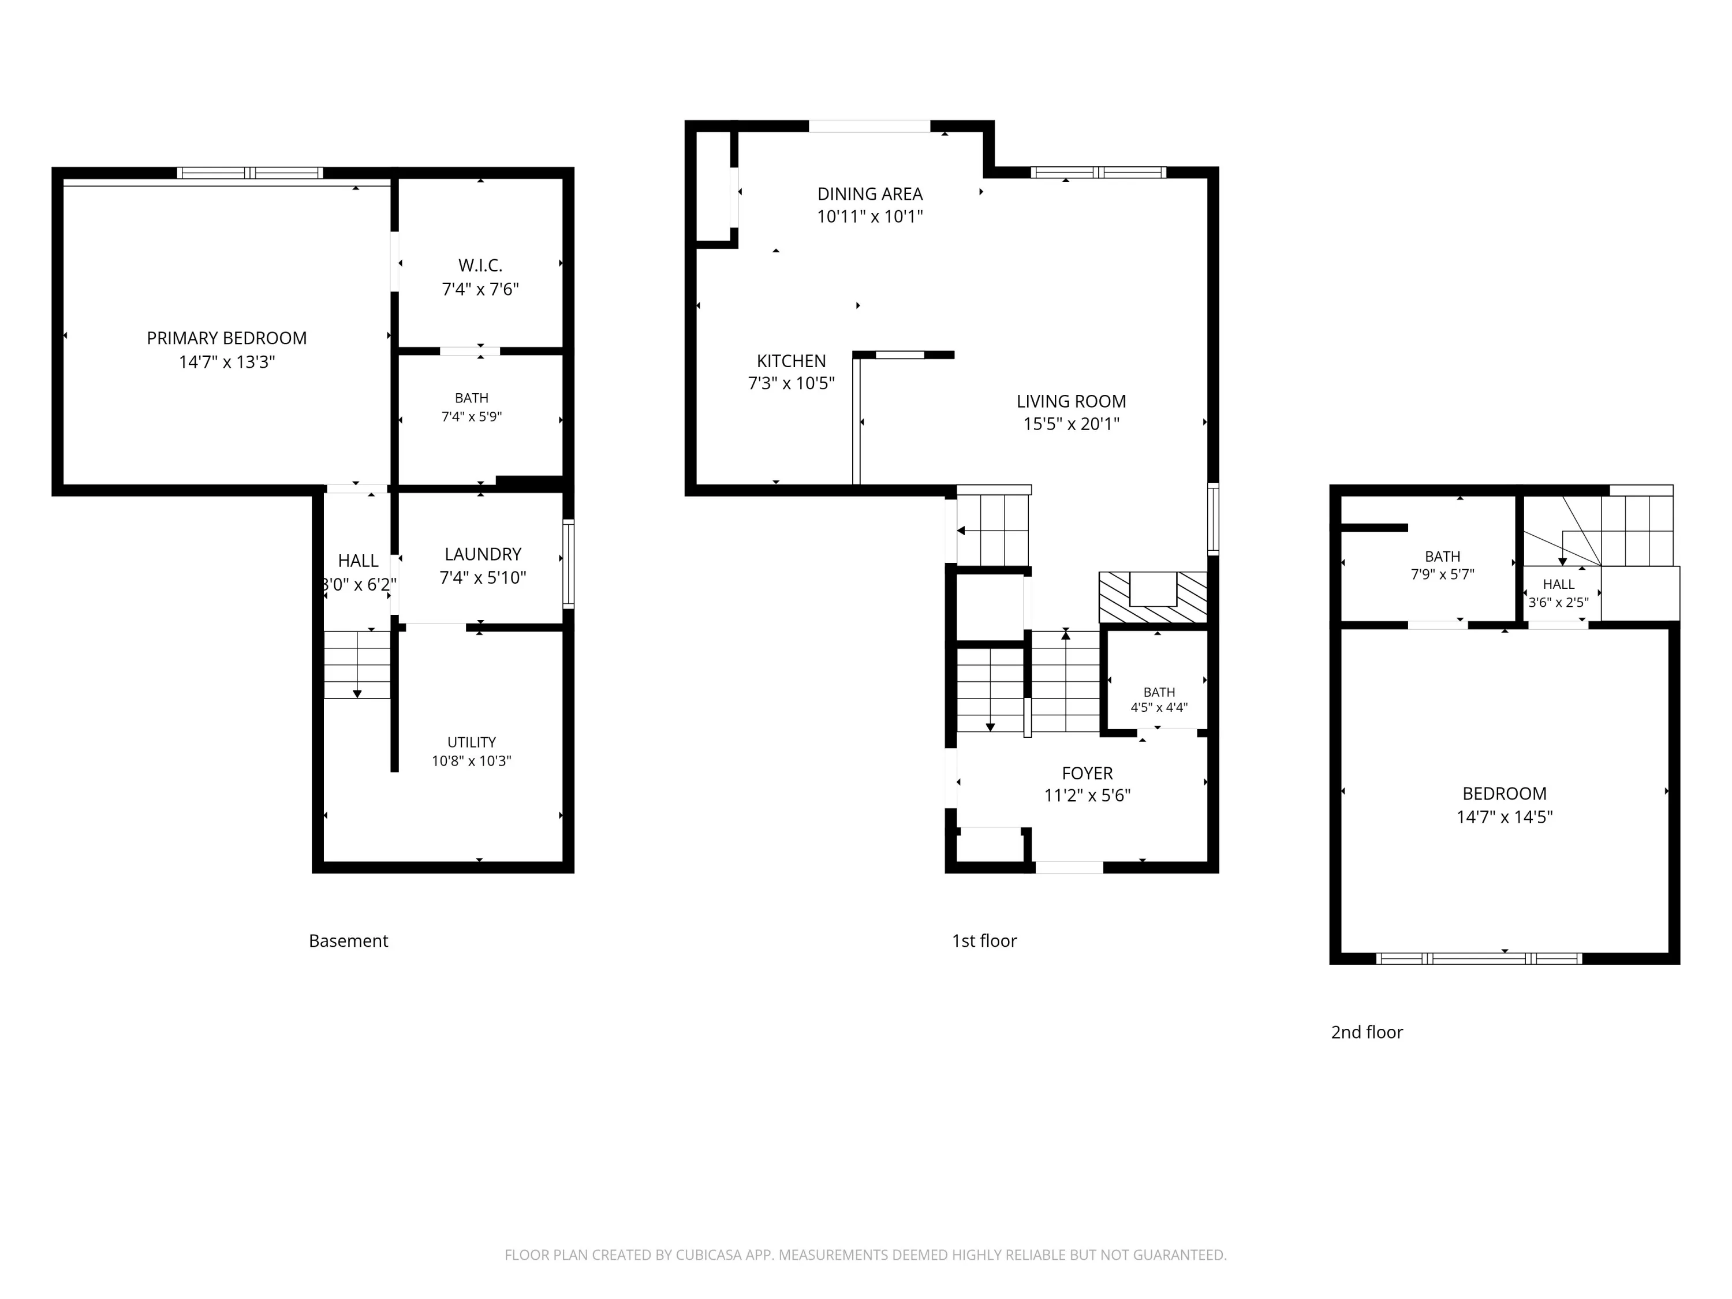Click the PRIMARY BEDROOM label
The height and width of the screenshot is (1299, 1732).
226,338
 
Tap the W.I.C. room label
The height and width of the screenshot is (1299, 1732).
480,266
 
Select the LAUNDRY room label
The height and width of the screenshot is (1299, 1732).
482,554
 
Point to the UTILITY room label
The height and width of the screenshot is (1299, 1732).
471,742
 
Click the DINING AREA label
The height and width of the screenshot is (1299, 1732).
870,194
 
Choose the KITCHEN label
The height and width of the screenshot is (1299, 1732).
791,361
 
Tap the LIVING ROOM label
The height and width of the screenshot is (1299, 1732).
1071,402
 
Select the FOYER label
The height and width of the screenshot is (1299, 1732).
1087,774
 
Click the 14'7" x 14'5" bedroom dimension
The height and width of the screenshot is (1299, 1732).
1504,817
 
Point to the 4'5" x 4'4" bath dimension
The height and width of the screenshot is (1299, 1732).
1159,708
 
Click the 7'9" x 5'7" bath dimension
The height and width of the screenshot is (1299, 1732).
1442,574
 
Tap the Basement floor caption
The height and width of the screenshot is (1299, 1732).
349,941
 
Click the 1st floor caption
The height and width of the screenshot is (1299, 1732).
984,941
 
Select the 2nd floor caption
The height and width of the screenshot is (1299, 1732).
1367,1032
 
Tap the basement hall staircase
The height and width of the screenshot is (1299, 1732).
357,665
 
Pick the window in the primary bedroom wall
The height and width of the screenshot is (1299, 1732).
250,173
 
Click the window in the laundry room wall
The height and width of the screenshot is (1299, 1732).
569,563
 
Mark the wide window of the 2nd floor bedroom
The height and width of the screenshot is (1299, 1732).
1479,958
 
